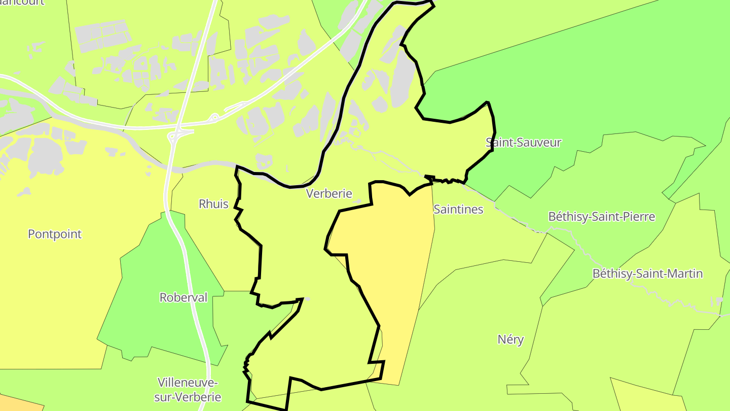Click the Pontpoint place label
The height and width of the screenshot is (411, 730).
pyautogui.click(x=55, y=234)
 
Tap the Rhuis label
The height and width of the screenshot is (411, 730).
pyautogui.click(x=213, y=204)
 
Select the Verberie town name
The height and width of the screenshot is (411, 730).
pyautogui.click(x=329, y=193)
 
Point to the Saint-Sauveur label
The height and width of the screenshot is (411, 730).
pyautogui.click(x=523, y=142)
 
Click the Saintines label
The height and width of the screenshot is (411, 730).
pyautogui.click(x=458, y=209)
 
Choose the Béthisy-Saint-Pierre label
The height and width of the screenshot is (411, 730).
pyautogui.click(x=602, y=217)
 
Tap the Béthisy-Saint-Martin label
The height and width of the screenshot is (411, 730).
pyautogui.click(x=647, y=273)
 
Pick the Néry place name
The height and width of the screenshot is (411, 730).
pyautogui.click(x=510, y=339)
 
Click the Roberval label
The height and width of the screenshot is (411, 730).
pyautogui.click(x=184, y=297)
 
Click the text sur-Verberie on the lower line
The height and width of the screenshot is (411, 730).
pyautogui.click(x=189, y=397)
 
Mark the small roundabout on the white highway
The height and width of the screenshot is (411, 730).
pyautogui.click(x=214, y=118)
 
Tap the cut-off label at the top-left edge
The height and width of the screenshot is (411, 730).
pyautogui.click(x=23, y=2)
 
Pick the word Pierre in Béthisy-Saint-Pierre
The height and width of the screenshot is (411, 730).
pyautogui.click(x=638, y=217)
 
